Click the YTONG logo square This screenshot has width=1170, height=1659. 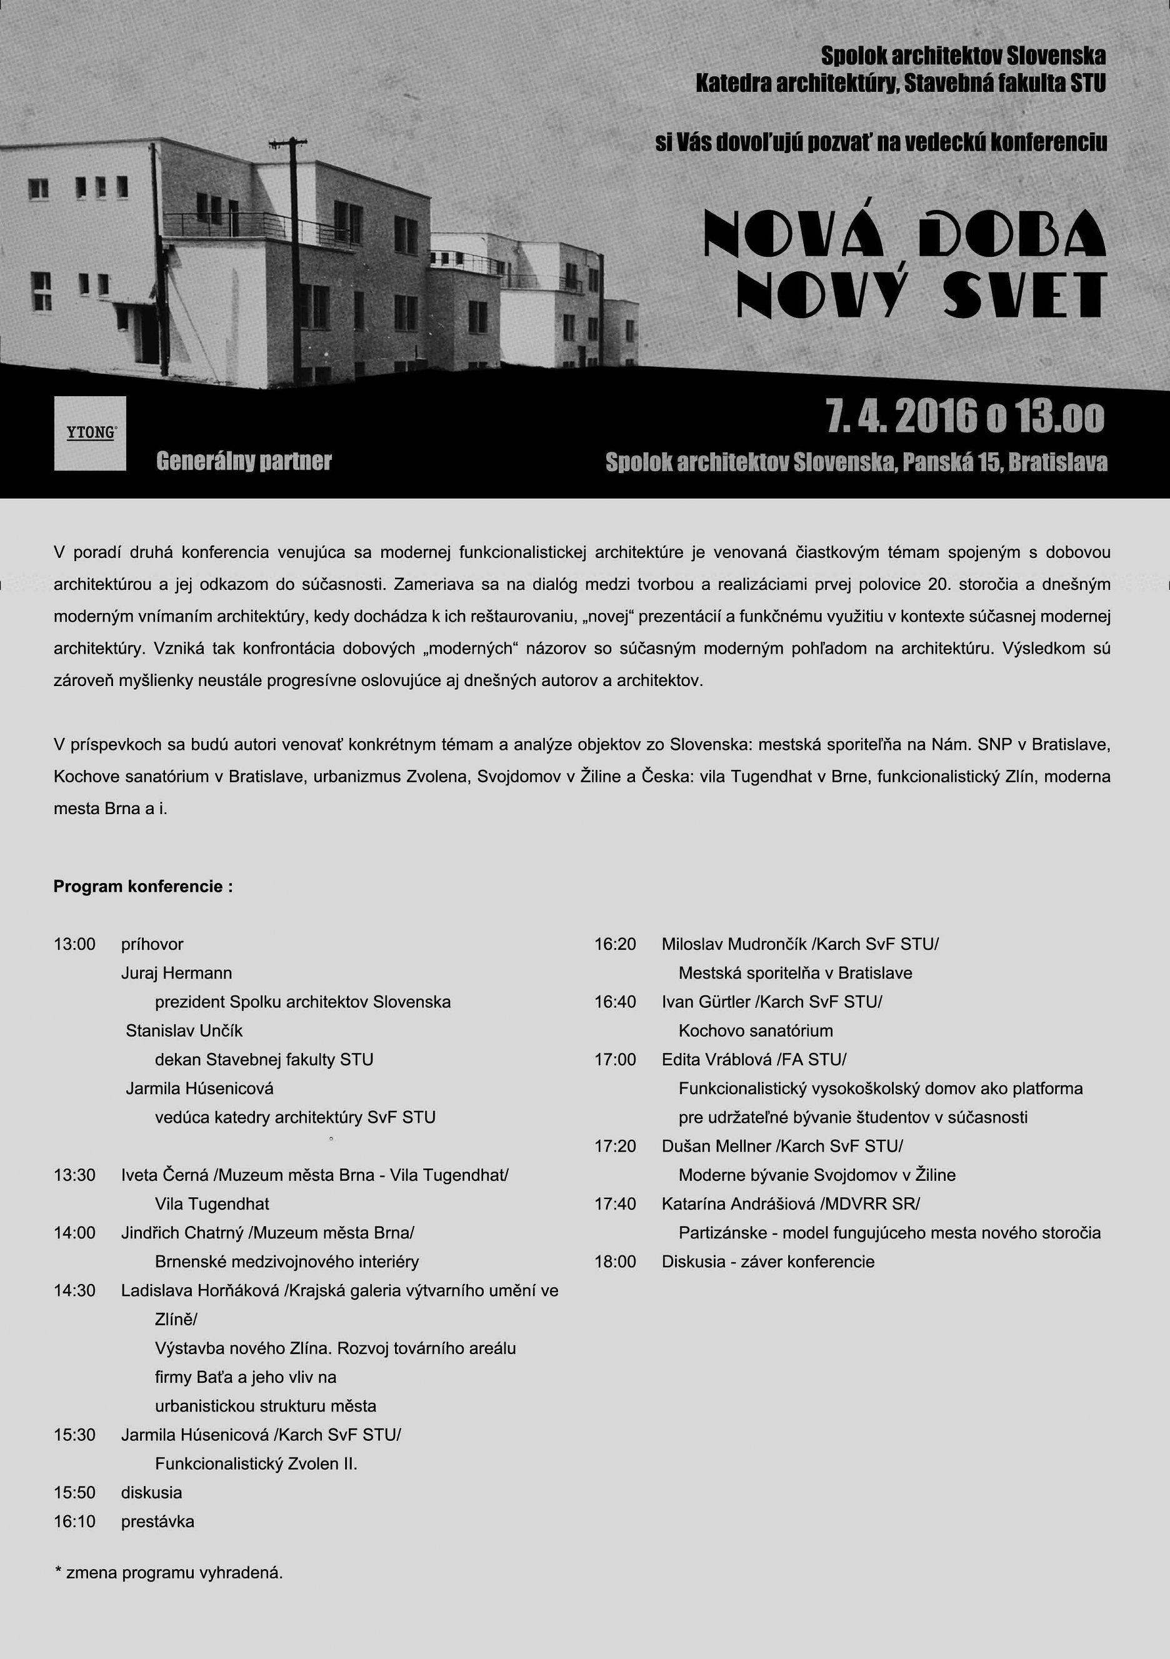(89, 433)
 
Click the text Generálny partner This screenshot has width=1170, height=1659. (244, 461)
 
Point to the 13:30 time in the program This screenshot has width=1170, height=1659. (74, 1175)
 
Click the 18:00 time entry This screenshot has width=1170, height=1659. (615, 1262)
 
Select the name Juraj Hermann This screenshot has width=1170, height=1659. (176, 972)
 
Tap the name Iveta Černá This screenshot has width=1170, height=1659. (165, 1175)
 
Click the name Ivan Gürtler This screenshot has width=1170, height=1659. (706, 1002)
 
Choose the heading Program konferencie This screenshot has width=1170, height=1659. (143, 886)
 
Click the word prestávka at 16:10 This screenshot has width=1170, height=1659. (157, 1522)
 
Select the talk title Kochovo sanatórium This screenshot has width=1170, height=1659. (755, 1030)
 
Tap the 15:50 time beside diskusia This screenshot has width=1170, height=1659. (74, 1493)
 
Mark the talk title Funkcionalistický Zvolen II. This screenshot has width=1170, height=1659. (256, 1464)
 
